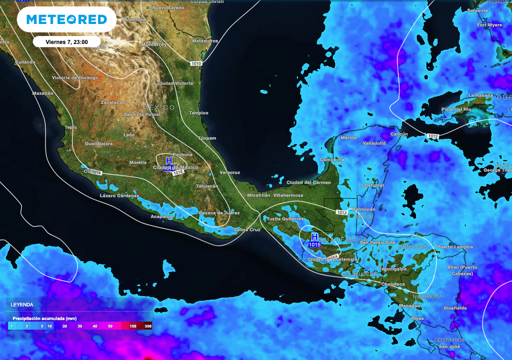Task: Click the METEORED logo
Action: pyautogui.click(x=66, y=19)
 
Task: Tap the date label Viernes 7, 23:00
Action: pyautogui.click(x=66, y=42)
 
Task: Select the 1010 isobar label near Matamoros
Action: pyautogui.click(x=196, y=63)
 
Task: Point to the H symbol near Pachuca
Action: pyautogui.click(x=169, y=160)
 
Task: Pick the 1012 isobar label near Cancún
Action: pyautogui.click(x=433, y=135)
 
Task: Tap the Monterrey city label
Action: pyautogui.click(x=154, y=44)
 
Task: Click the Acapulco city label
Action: pyautogui.click(x=162, y=216)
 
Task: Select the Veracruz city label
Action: pyautogui.click(x=229, y=172)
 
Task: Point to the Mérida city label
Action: pyautogui.click(x=348, y=137)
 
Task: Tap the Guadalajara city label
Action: pyautogui.click(x=98, y=143)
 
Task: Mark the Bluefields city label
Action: pyautogui.click(x=454, y=308)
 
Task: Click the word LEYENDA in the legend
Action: pyautogui.click(x=22, y=304)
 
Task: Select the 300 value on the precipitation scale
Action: pyautogui.click(x=147, y=326)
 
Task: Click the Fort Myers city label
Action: pyautogui.click(x=489, y=25)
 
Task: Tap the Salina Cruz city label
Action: pyautogui.click(x=247, y=229)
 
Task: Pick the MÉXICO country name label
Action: pyautogui.click(x=159, y=107)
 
